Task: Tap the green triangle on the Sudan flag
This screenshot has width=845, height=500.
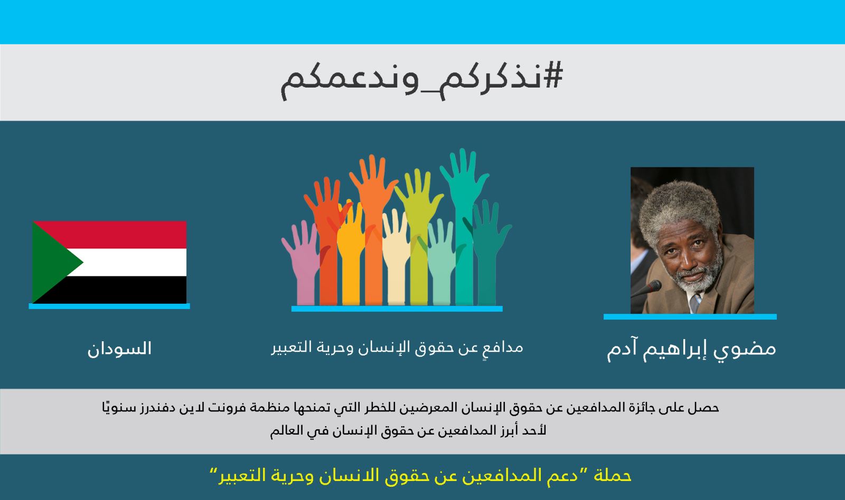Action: (53, 262)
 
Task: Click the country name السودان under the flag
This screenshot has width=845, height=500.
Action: (119, 349)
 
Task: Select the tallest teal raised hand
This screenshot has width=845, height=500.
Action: (464, 226)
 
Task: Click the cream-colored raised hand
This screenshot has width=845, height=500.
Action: (396, 257)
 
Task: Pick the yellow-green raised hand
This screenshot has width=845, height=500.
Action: (419, 237)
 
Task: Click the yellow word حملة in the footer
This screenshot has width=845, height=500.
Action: (613, 476)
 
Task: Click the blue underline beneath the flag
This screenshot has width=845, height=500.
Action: (109, 306)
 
